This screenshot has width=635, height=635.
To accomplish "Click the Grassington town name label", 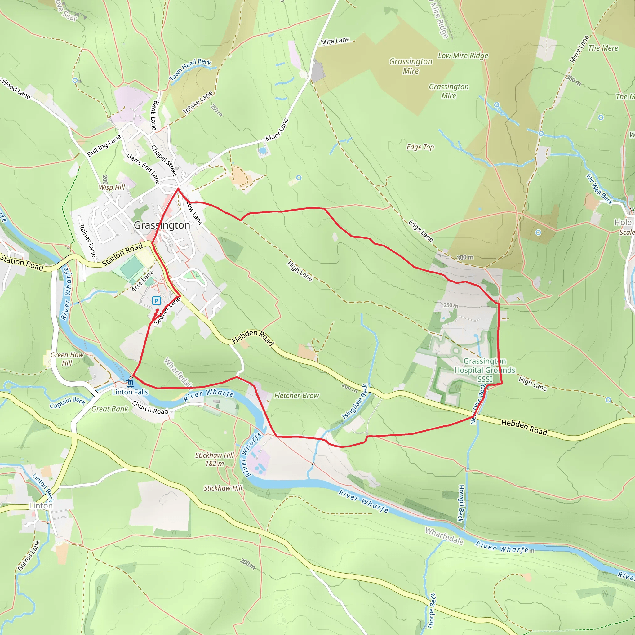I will click(162, 225).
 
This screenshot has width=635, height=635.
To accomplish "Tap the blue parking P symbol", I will click(157, 300).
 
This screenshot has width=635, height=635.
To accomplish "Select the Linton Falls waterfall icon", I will click(130, 383).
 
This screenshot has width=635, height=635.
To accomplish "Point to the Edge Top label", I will click(420, 147).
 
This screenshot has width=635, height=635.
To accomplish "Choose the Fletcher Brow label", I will click(296, 396).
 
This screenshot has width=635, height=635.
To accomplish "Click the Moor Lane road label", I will click(277, 130).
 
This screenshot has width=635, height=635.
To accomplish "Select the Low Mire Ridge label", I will click(463, 56).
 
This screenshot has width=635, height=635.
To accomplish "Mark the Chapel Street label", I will click(164, 160).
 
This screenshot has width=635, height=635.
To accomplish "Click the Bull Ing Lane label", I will click(104, 146).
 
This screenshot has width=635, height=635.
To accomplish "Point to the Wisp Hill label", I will click(112, 187).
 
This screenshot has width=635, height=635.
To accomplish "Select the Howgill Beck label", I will click(461, 503).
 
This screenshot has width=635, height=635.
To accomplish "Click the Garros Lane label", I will click(29, 555).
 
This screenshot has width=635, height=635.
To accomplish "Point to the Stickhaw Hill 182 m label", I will click(214, 459).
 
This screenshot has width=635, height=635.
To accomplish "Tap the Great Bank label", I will click(109, 409).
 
